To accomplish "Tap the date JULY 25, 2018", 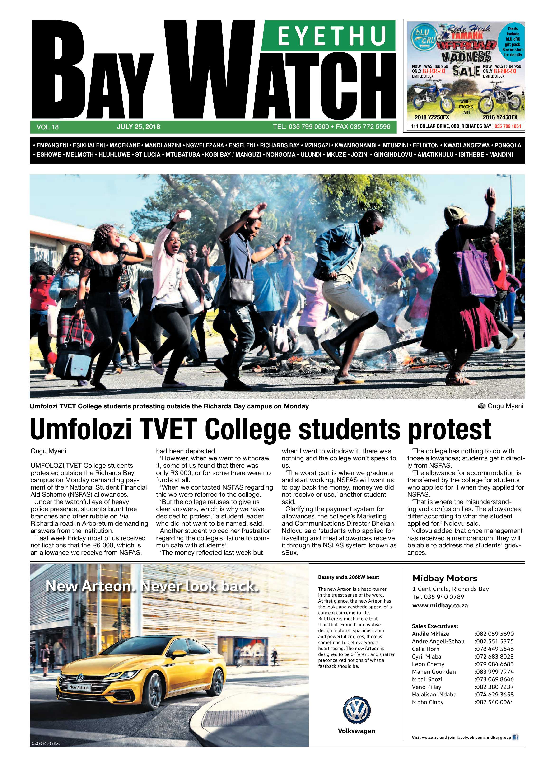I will click(139, 127).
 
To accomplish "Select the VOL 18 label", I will click(48, 127).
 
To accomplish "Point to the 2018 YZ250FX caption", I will click(432, 117).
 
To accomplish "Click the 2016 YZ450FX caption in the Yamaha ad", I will click(500, 117).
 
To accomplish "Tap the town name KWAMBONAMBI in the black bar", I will click(355, 145).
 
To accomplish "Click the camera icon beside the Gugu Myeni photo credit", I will click(482, 406).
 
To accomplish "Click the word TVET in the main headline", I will click(168, 429).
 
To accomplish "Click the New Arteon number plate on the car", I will click(79, 687).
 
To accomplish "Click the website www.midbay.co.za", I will click(440, 606).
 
